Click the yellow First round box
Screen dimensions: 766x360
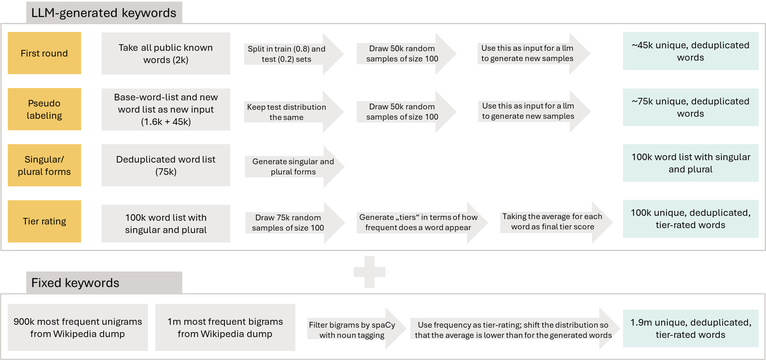[44, 53]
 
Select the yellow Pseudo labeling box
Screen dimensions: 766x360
[44, 109]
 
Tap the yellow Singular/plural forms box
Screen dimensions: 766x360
[44, 165]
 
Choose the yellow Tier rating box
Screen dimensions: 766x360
[44, 222]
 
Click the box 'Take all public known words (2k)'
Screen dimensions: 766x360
[166, 54]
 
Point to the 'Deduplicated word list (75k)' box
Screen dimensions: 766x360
[166, 165]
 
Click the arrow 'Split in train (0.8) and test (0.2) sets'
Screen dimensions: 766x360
[294, 54]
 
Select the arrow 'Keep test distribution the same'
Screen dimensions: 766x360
[294, 112]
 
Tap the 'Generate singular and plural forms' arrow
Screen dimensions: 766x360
[295, 167]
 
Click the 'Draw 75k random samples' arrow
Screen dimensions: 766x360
[295, 223]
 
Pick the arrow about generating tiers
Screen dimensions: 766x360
[422, 223]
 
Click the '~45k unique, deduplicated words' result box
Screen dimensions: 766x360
[691, 51]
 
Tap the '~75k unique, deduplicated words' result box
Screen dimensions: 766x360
[691, 107]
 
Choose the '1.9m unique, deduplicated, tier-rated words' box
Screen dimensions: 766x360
[691, 328]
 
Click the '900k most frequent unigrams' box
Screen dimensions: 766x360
[78, 328]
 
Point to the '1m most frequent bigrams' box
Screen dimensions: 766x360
[225, 328]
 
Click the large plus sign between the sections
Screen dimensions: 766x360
[369, 272]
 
